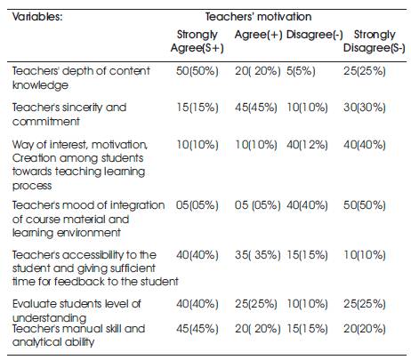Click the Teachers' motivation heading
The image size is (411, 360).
258,17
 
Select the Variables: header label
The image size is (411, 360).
37,17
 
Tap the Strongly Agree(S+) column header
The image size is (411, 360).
197,41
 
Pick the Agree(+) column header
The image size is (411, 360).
258,35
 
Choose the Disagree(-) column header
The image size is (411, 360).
314,35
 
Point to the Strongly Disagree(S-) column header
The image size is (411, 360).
375,41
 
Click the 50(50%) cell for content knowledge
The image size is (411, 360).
197,71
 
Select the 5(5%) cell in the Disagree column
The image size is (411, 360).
301,71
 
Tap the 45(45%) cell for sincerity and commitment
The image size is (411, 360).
256,108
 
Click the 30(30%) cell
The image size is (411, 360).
365,108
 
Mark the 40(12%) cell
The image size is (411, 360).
307,145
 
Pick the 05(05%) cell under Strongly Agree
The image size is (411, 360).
197,205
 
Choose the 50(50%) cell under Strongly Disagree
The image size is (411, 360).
365,205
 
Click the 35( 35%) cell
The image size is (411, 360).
257,255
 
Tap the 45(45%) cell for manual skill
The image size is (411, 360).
197,329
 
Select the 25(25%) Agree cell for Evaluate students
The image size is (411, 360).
256,304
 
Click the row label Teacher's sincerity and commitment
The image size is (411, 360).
69,115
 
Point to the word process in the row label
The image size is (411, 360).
32,186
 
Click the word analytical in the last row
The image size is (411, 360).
36,342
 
